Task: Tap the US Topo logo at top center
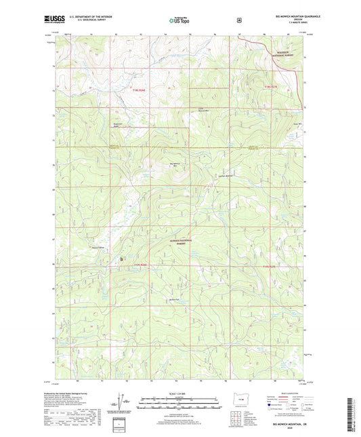point(179,21)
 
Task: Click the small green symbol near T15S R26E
point(122,259)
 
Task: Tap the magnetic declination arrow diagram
point(124,404)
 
